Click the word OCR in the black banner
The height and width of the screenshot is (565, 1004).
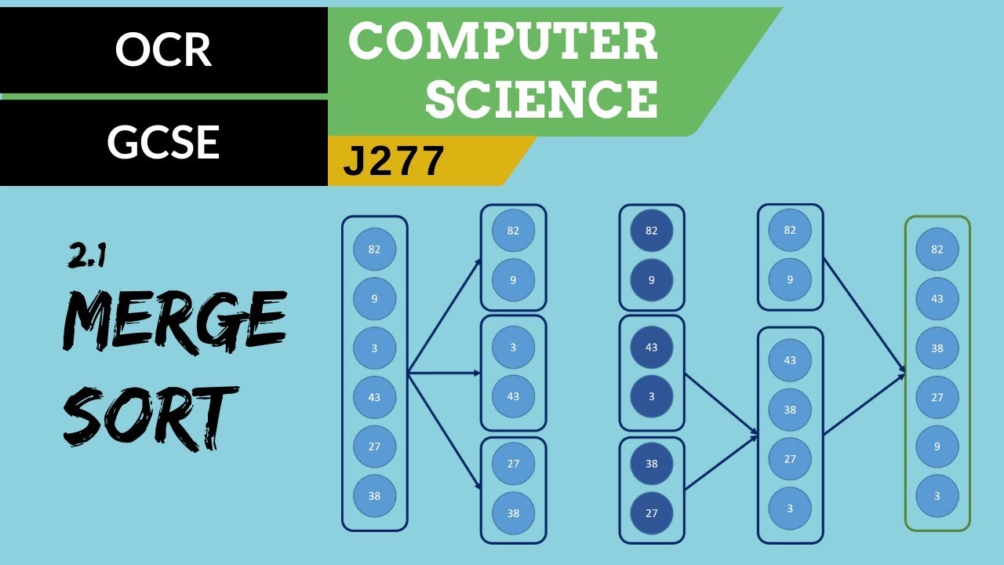[x=163, y=50]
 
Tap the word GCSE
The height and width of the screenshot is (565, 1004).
[x=163, y=143]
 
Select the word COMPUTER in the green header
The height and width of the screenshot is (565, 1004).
[x=503, y=42]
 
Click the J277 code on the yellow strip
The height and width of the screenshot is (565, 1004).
[x=395, y=162]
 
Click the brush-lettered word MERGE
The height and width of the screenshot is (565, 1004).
[x=174, y=323]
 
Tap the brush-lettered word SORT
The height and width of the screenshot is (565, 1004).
[x=150, y=416]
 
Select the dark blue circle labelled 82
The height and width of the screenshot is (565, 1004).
[x=652, y=231]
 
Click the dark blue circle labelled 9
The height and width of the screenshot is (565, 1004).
[x=652, y=280]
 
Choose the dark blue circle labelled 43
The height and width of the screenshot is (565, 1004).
[x=652, y=348]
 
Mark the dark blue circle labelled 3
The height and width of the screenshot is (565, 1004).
[x=652, y=396]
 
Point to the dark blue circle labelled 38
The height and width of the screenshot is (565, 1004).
[x=652, y=464]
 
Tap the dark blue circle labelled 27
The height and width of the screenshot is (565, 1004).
[x=652, y=513]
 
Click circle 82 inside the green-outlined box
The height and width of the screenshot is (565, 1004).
[x=937, y=250]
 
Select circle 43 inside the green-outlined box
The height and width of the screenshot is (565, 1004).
[x=937, y=299]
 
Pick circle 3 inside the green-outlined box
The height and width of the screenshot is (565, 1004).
[x=937, y=496]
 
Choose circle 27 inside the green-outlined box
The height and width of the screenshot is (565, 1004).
[x=937, y=398]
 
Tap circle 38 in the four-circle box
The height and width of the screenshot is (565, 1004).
[x=790, y=410]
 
